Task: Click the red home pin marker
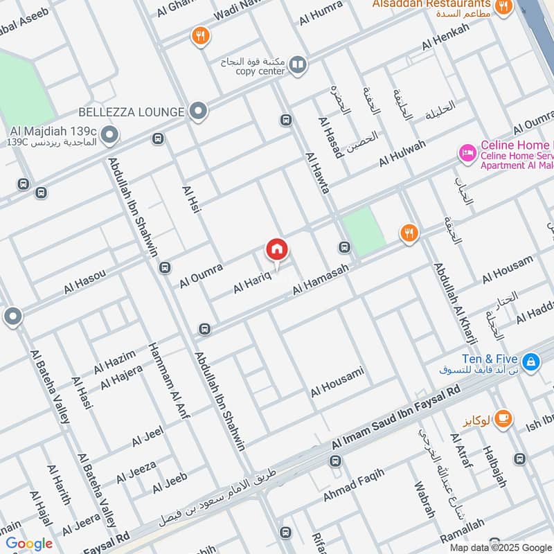tap(277, 250)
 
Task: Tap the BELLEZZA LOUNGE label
tap(131, 111)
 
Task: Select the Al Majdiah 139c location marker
tap(108, 134)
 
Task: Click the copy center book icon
tap(298, 65)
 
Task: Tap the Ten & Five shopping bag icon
tap(530, 361)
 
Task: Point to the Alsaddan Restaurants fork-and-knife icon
tap(503, 7)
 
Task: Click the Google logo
tap(29, 544)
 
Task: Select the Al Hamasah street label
tap(319, 280)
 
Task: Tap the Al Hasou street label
tap(85, 282)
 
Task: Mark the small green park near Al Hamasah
tap(364, 231)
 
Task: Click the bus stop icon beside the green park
tap(344, 247)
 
